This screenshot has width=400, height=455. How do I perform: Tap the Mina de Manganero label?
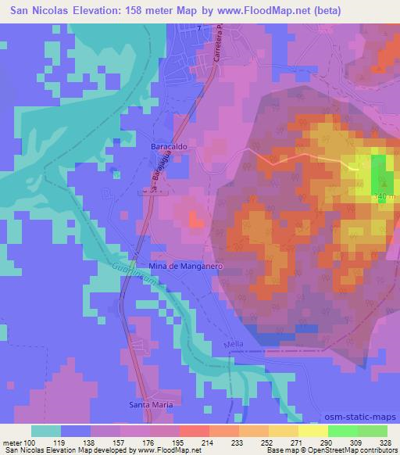tap(187, 266)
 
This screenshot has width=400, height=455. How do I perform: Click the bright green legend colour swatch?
tap(343, 430)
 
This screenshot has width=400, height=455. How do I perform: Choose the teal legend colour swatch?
tap(46, 430)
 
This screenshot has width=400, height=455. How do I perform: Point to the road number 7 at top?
tap(199, 28)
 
